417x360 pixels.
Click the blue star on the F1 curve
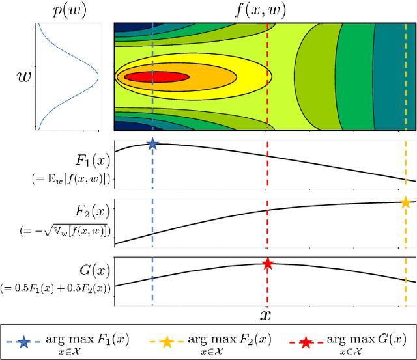tap(152, 144)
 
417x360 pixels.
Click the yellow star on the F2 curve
tap(405, 202)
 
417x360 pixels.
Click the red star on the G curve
tap(267, 264)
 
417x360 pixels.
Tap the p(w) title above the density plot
tap(67, 11)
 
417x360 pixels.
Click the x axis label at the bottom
tap(266, 316)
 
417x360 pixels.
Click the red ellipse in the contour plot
tap(156, 77)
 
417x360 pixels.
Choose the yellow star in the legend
tap(169, 340)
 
